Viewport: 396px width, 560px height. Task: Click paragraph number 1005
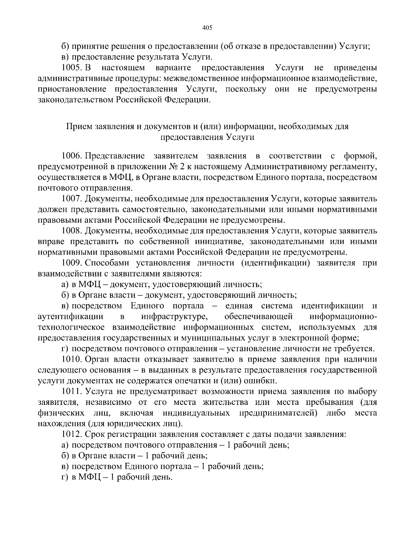71,68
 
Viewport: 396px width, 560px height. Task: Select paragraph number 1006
71,155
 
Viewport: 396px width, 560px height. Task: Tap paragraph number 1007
71,199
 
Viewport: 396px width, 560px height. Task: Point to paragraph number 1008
71,231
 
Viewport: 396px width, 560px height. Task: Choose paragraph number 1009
71,263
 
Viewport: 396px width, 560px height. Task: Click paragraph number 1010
71,359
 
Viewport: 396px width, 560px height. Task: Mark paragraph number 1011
71,391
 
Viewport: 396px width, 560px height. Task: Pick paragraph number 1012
71,434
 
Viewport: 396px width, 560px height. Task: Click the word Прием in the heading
80,126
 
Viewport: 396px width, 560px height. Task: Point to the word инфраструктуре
174,317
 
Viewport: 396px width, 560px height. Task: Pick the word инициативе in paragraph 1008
217,242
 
